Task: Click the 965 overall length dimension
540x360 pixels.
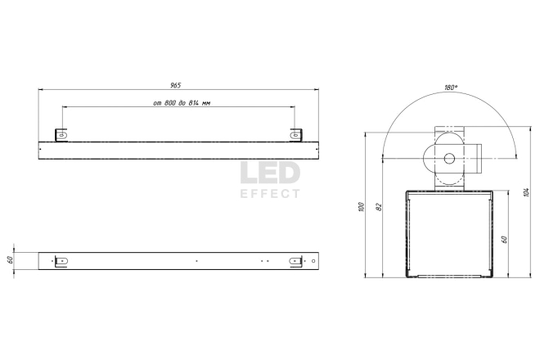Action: [x=175, y=85]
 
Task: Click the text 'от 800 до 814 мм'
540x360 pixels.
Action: [x=182, y=103]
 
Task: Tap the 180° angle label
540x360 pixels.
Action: [x=451, y=88]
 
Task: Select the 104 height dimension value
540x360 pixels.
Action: [x=526, y=192]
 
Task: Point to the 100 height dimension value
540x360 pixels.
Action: [x=361, y=207]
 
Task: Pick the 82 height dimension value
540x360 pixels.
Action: [x=379, y=207]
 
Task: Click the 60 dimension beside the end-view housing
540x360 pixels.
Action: [x=504, y=239]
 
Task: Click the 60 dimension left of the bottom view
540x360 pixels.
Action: [x=10, y=259]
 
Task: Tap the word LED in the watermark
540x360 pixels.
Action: [x=270, y=173]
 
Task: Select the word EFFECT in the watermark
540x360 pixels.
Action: [x=270, y=194]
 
